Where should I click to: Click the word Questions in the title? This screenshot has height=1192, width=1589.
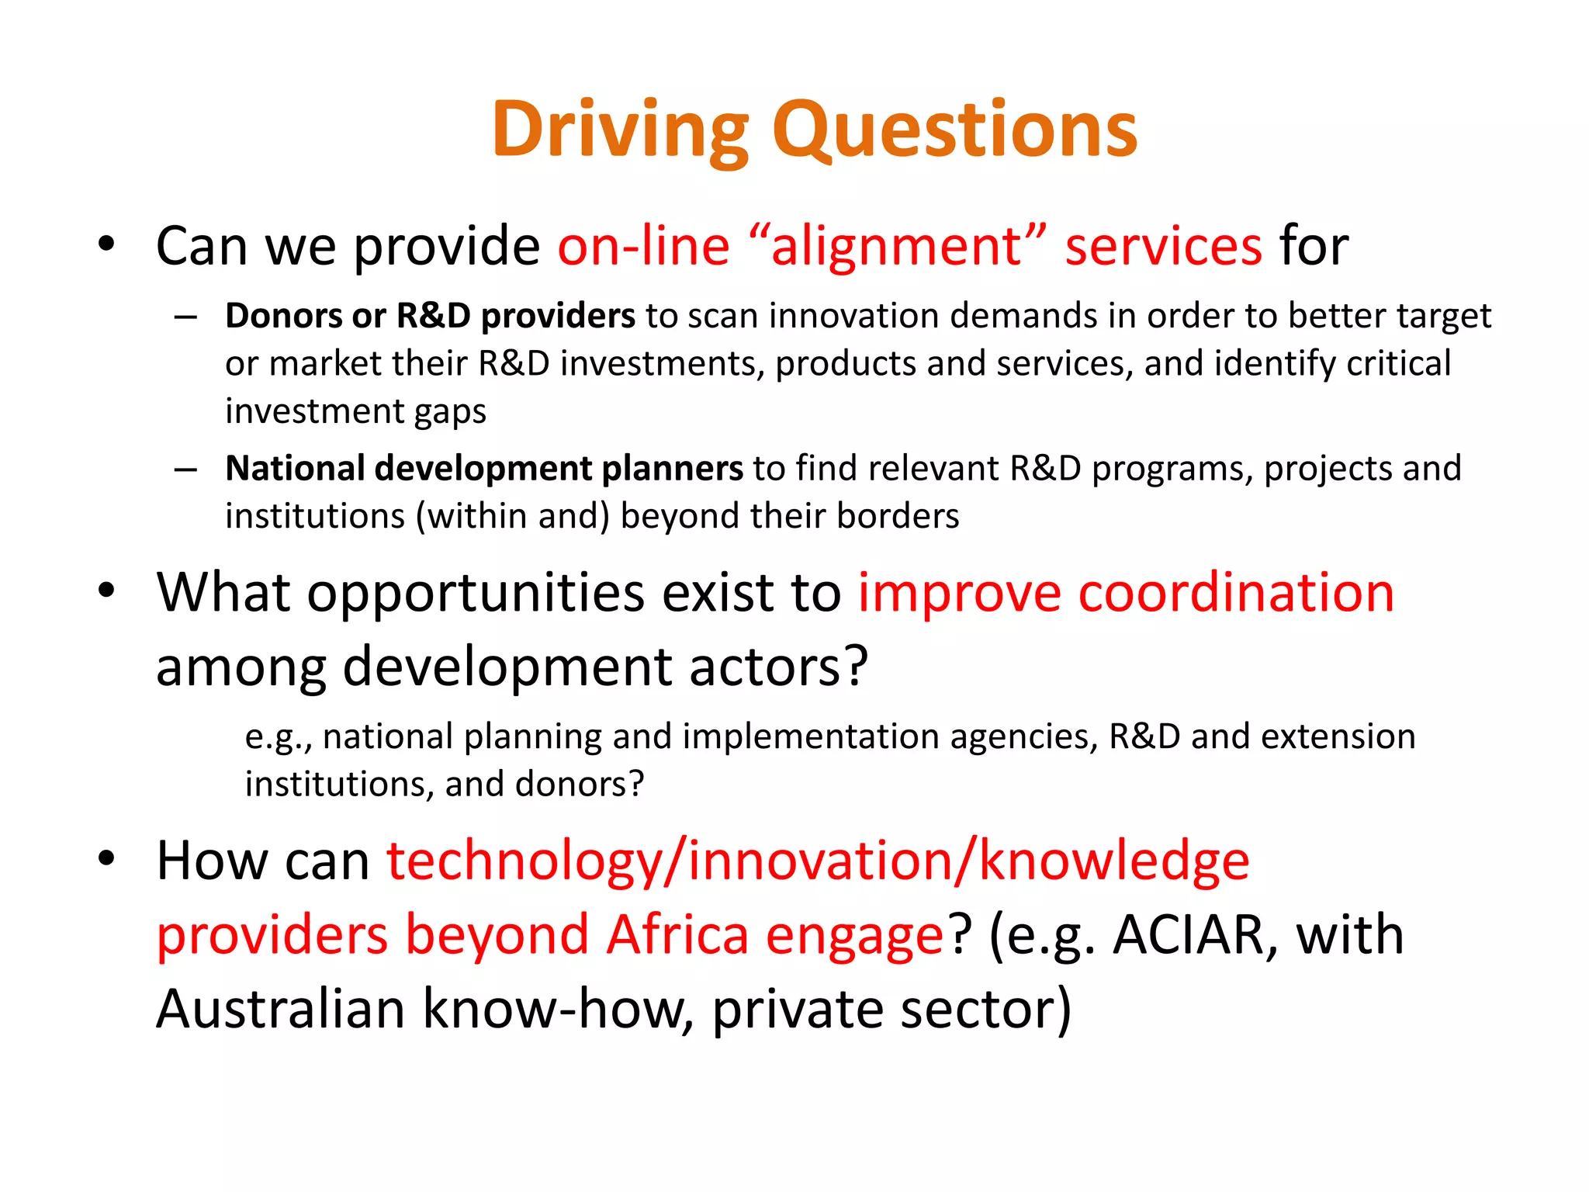coord(954,130)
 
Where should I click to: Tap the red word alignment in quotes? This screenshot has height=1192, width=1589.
coord(897,247)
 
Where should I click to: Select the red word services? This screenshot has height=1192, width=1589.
coord(1163,247)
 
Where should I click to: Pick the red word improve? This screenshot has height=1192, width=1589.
coord(959,594)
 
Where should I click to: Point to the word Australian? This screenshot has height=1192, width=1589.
coord(280,1009)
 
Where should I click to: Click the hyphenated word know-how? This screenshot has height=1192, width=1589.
coord(558,1009)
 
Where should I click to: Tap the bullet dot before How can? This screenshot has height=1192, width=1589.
coord(106,858)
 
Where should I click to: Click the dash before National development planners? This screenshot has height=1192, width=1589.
coord(185,470)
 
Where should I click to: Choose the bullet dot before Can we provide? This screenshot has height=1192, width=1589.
coord(106,244)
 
